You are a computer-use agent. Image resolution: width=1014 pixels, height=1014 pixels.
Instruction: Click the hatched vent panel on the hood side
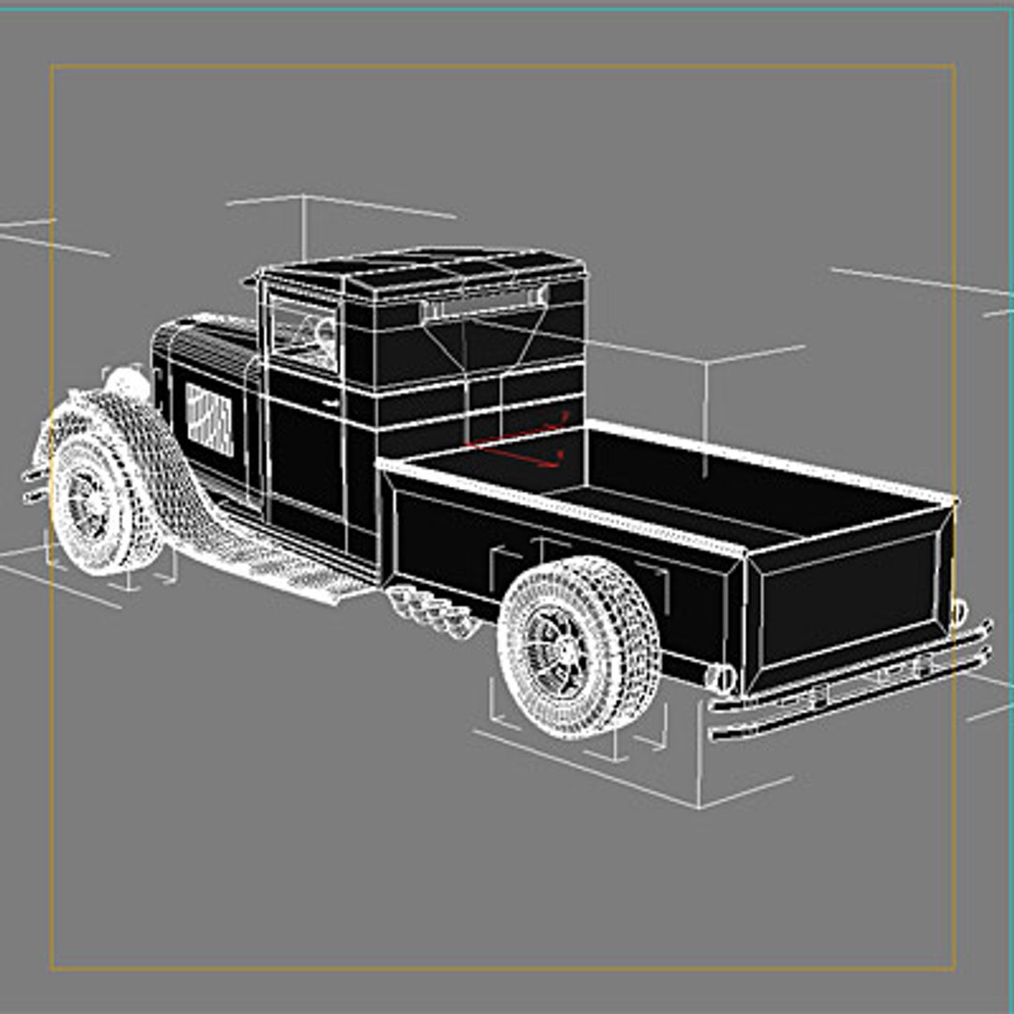pos(208,419)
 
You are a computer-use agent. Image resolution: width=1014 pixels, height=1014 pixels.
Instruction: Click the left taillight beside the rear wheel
pos(721,677)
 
